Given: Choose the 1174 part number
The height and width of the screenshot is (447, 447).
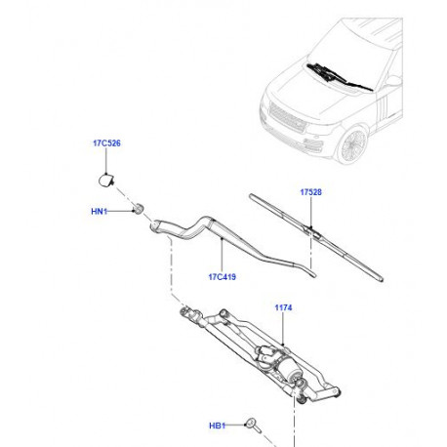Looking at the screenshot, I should [283, 307].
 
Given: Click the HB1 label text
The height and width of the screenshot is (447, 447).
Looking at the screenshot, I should [217, 426].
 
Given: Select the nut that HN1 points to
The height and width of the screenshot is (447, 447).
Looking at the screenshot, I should [141, 209].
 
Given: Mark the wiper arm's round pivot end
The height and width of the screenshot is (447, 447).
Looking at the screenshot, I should [154, 226].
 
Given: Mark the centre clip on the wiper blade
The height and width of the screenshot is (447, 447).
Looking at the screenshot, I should [308, 231].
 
